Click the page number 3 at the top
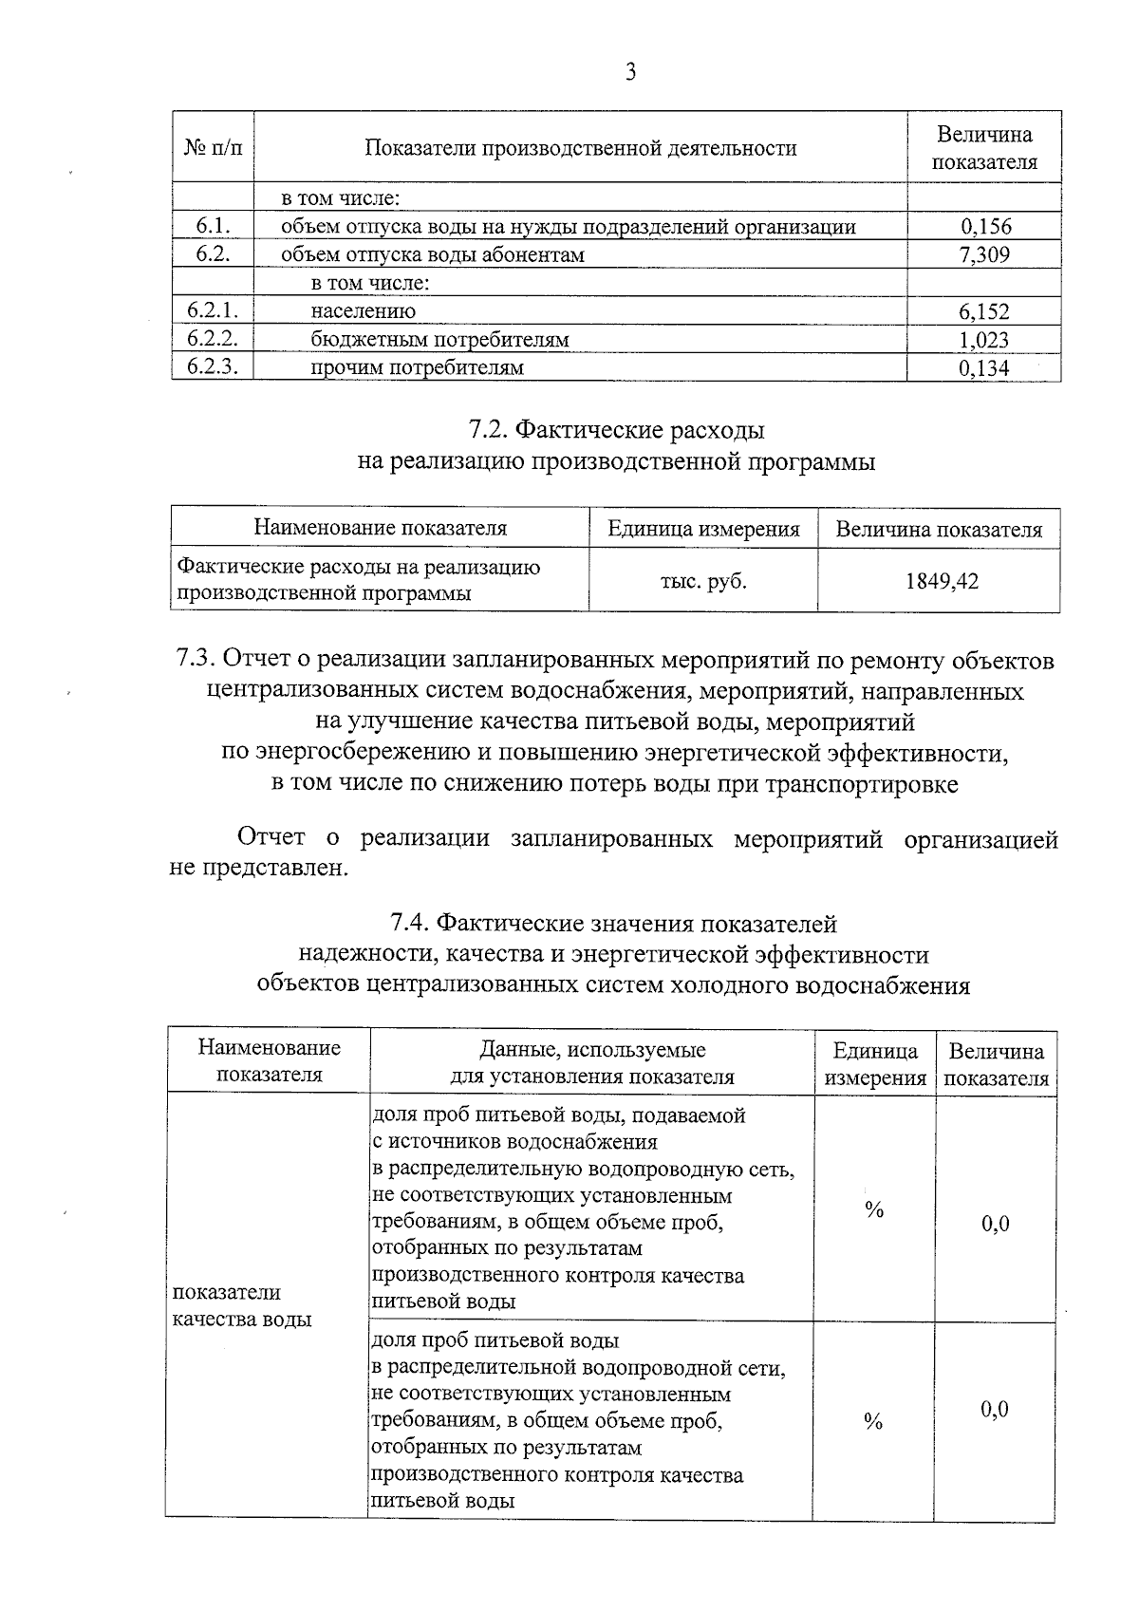coord(629,73)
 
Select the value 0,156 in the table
coord(985,227)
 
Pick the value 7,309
coord(984,254)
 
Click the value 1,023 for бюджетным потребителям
coord(983,340)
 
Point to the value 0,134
coord(983,368)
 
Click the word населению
coord(363,311)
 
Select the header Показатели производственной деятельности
coord(581,148)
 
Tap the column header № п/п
coord(213,148)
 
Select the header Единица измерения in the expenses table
coord(703,530)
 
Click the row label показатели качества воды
coord(241,1305)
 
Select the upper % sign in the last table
coord(874,1209)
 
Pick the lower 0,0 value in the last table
coord(995,1409)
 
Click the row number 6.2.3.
coord(213,367)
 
